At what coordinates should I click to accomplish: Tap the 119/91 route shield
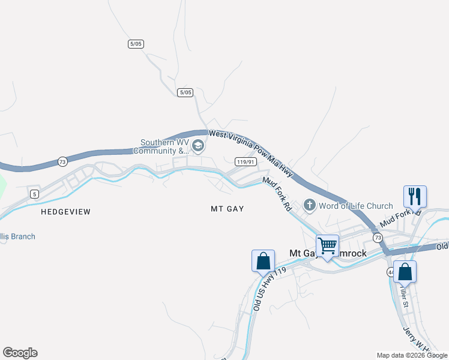coord(243,162)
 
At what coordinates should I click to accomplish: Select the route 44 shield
coord(391,272)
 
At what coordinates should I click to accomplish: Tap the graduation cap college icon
coord(197,146)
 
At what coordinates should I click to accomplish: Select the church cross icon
coord(310,206)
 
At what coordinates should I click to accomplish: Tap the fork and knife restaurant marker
coord(415,196)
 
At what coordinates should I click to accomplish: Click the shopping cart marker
coord(328,245)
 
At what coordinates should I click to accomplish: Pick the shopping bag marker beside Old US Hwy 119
coord(263,261)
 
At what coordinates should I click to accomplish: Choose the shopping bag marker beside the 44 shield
coord(405,271)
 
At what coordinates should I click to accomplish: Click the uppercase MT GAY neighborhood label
coord(227,209)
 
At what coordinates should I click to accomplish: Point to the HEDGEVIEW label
coord(65,212)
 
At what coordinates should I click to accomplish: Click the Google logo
coord(20,353)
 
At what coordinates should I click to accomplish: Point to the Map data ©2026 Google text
coord(412,355)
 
